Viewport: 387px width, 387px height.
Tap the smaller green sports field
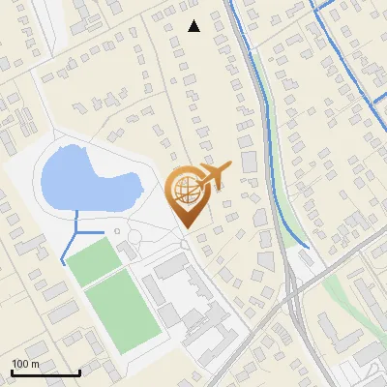click(x=93, y=261)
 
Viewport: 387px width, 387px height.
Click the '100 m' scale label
click(x=25, y=364)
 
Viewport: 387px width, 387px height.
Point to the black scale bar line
click(x=45, y=372)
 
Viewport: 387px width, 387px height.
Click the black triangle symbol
click(x=193, y=26)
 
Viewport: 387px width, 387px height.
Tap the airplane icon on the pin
click(x=215, y=174)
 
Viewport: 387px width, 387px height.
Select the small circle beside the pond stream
click(x=117, y=231)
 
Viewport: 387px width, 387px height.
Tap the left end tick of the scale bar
click(x=12, y=372)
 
